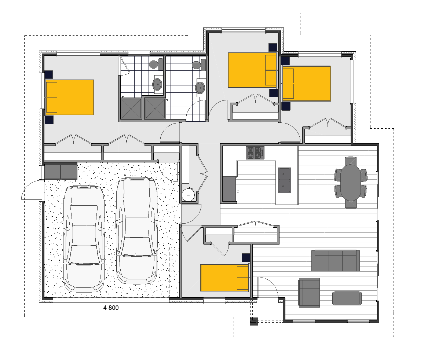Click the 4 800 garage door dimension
click(111, 308)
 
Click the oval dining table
click(351, 183)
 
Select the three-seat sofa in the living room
click(335, 261)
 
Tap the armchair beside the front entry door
click(309, 292)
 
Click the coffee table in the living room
click(347, 298)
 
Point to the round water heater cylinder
click(188, 195)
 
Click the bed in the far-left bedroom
click(70, 97)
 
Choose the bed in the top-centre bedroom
click(252, 70)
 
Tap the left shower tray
click(131, 108)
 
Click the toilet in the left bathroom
click(154, 64)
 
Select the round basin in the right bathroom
click(200, 88)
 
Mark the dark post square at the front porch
click(254, 322)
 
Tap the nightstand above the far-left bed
click(48, 74)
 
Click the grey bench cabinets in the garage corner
click(61, 171)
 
